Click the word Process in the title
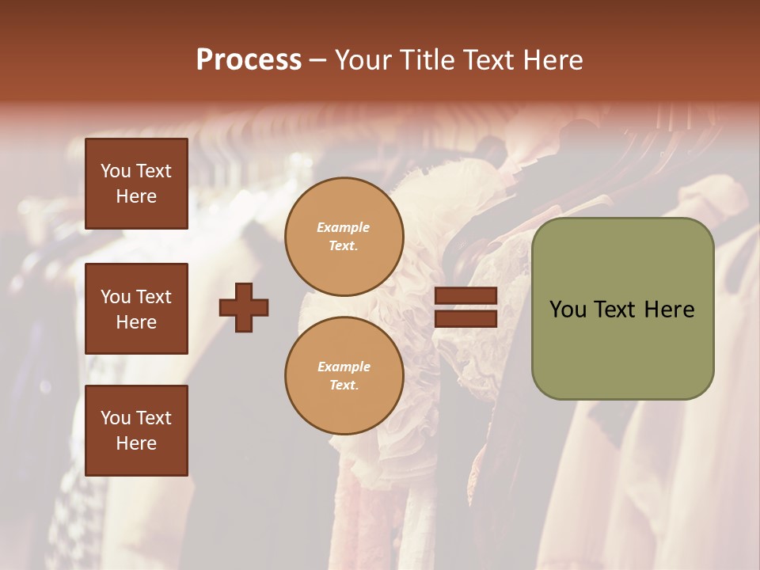(249, 59)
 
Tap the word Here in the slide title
(551, 59)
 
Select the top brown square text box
(136, 184)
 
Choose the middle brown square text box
(136, 309)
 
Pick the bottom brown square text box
(136, 431)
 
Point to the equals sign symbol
(465, 308)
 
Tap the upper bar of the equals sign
(465, 296)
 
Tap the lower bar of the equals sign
(465, 319)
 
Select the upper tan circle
(344, 237)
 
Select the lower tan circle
(344, 376)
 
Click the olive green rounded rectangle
(622, 309)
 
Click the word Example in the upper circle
(344, 227)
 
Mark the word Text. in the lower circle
(344, 386)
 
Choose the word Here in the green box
(669, 309)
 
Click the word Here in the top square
(136, 196)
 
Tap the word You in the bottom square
(116, 418)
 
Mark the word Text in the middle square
(153, 297)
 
